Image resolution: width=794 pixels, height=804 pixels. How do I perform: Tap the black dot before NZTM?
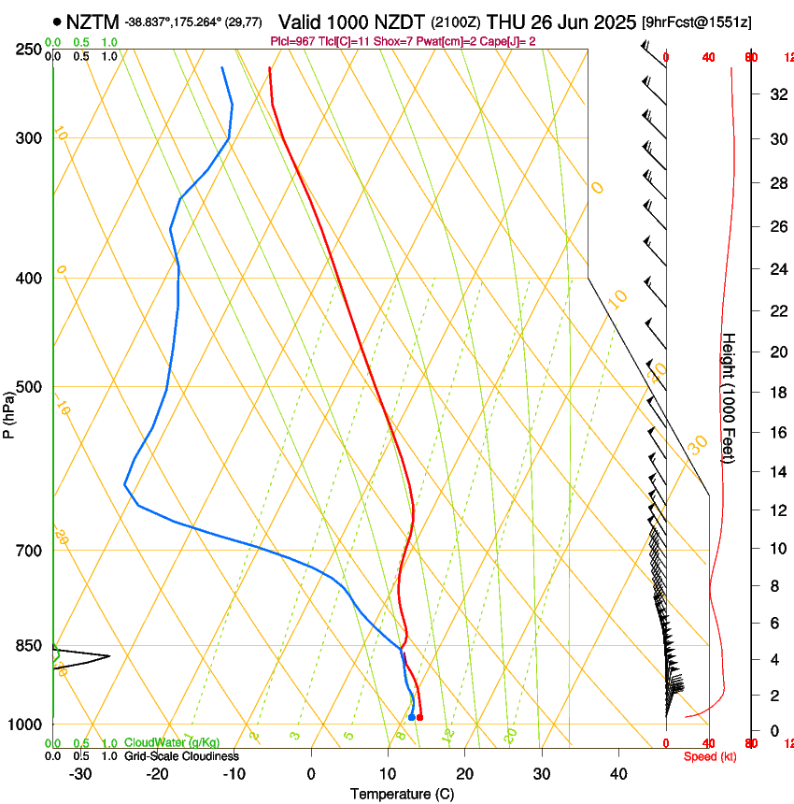coord(58,21)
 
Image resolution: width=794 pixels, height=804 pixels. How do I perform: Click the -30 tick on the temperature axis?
coord(80,774)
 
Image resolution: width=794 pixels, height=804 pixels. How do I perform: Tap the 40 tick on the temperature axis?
coord(617,774)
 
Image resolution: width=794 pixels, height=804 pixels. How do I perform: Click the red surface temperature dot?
coord(419,717)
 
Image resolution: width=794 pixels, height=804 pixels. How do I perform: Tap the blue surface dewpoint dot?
coord(411,717)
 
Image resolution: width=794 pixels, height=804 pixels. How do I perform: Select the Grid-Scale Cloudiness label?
coord(180,756)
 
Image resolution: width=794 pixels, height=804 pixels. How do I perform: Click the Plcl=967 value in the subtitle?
coord(292,41)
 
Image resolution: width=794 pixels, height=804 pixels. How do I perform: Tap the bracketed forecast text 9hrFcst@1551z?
coord(697,22)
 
